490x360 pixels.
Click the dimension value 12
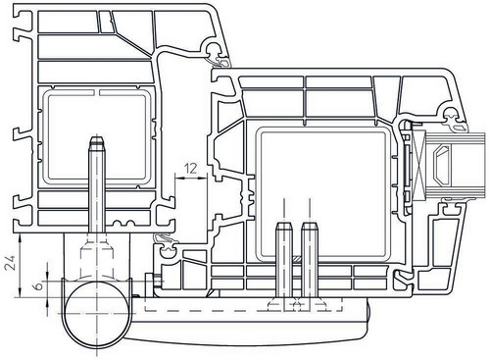(191, 169)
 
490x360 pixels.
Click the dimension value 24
(10, 263)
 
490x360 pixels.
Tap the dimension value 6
(38, 286)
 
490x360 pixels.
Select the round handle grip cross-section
(97, 314)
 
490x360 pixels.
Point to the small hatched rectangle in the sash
(296, 259)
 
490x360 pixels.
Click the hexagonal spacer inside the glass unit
(441, 164)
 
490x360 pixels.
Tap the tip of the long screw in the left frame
(97, 137)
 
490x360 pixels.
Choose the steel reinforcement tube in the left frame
(97, 137)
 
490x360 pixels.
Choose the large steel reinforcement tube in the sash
(323, 195)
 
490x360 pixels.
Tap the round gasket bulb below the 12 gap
(168, 249)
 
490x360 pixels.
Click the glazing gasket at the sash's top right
(454, 121)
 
